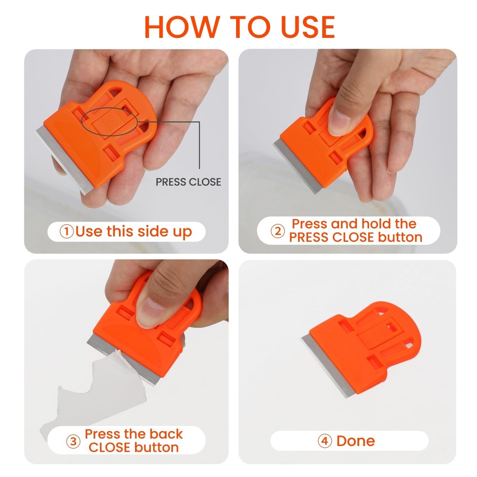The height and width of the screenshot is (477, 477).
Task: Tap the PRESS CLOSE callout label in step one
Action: click(188, 182)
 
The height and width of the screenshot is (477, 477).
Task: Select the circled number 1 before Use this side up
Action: click(66, 232)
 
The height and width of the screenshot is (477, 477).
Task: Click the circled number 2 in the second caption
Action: click(278, 231)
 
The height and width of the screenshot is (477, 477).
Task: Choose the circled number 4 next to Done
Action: click(324, 441)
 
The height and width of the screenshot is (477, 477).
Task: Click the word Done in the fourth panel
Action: click(355, 441)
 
